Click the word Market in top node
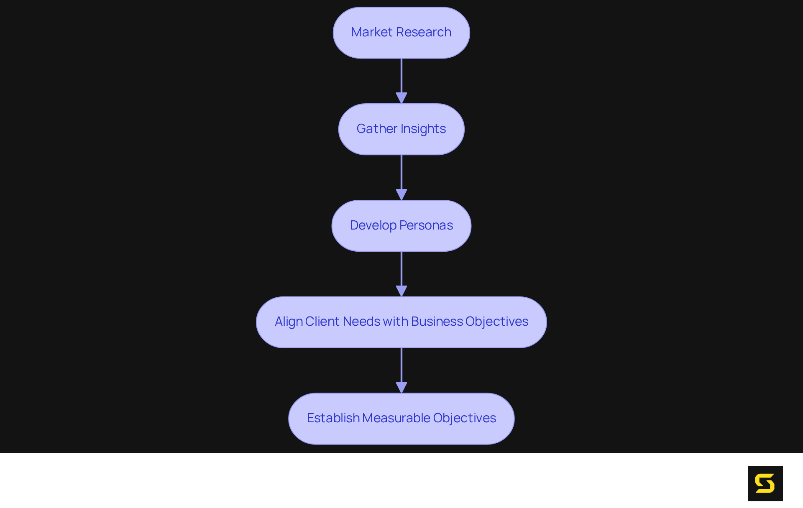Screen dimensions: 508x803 click(x=372, y=32)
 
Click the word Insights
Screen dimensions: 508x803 click(x=423, y=129)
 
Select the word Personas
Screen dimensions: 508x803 click(x=426, y=225)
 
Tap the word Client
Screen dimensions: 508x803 click(x=322, y=322)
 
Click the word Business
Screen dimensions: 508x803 click(x=437, y=322)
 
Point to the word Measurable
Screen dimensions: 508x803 click(x=396, y=418)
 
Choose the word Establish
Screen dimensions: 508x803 click(x=333, y=418)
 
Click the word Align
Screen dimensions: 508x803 click(x=289, y=322)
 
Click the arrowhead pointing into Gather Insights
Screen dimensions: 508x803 click(x=401, y=98)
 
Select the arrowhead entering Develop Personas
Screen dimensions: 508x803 click(x=401, y=194)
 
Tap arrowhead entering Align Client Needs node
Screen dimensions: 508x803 click(x=401, y=291)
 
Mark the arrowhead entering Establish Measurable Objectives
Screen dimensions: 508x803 click(x=401, y=387)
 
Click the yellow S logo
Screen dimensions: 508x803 click(x=765, y=483)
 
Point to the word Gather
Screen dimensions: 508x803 click(x=376, y=129)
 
